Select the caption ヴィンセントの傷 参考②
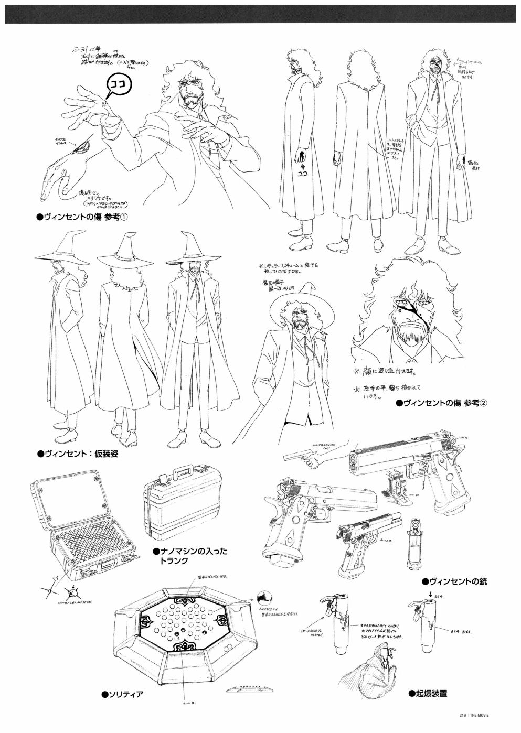click(x=442, y=402)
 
